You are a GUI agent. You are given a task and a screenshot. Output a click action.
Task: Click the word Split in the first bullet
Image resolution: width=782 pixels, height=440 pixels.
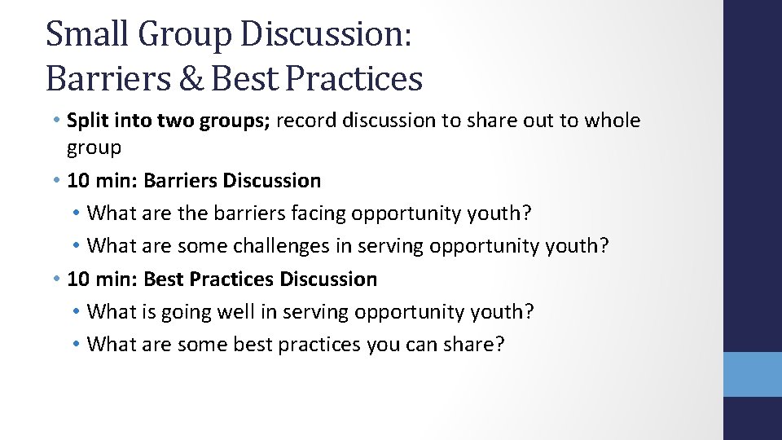tap(86, 121)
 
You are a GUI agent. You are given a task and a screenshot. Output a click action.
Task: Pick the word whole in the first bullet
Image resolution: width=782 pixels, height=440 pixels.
tap(612, 121)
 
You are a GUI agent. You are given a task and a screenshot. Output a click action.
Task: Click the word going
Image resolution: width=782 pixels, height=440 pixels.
tap(192, 312)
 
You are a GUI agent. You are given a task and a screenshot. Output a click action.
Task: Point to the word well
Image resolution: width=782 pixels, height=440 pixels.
tap(242, 312)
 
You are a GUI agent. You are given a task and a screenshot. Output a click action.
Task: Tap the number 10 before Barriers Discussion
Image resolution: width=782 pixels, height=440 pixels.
tap(78, 180)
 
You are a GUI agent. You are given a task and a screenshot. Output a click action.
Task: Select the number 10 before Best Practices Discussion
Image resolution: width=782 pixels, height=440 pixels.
tap(78, 279)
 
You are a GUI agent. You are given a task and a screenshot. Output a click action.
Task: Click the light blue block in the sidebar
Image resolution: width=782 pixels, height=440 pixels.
tap(753, 374)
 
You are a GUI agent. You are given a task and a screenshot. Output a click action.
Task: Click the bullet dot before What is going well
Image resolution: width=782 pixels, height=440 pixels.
tap(75, 312)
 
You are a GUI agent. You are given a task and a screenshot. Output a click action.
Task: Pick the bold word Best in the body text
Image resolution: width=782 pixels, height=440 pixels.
tap(163, 279)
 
